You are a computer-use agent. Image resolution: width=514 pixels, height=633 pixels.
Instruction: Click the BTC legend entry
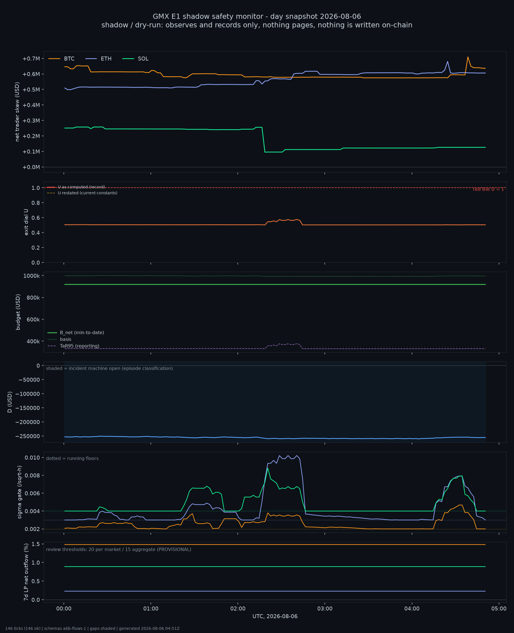point(62,59)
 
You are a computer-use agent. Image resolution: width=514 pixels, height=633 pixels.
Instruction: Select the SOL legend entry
point(135,59)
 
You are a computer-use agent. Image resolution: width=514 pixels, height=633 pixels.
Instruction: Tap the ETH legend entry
point(98,59)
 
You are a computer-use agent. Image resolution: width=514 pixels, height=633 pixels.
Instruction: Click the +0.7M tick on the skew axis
point(31,59)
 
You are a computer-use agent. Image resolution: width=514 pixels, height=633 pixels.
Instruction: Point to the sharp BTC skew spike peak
point(468,57)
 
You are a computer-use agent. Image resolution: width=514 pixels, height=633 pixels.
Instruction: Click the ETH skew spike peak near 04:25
point(447,62)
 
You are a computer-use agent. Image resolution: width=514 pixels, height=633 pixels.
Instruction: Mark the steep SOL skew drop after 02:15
point(263,140)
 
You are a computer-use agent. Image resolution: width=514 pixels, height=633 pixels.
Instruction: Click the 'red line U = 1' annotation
point(488,189)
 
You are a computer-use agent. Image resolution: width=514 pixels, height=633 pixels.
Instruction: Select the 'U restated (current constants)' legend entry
point(82,193)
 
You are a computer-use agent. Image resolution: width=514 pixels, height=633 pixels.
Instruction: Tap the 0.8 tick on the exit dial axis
point(36,203)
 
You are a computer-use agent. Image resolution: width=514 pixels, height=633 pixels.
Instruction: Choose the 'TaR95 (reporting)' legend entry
point(73,346)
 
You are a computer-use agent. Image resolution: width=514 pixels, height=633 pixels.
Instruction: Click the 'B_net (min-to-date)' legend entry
point(76,333)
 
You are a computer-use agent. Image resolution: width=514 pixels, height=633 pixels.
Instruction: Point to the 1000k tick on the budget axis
point(32,276)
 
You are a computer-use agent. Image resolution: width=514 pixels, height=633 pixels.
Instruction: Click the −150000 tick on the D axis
point(29,408)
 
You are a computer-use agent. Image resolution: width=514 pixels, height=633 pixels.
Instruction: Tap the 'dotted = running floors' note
point(72,459)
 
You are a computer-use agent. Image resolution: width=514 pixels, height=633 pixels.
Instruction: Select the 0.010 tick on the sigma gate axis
point(32,458)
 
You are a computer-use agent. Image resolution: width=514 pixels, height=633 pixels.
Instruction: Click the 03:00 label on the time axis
point(325,609)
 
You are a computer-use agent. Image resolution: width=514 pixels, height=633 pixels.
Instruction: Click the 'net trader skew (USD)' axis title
point(17,112)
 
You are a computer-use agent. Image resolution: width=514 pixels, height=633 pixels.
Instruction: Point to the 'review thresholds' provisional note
point(119,549)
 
